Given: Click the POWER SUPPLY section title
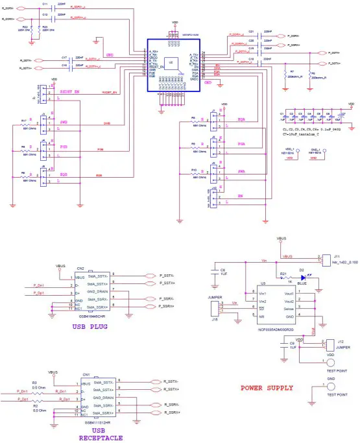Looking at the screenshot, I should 267,388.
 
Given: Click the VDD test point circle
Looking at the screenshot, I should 331,363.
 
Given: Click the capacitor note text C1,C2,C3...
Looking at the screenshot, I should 311,130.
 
